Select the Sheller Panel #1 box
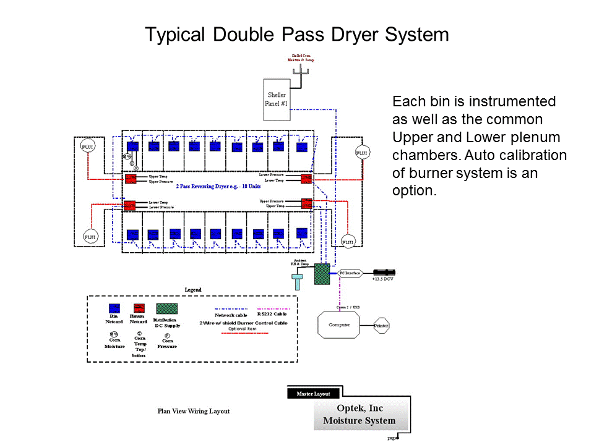tap(277, 99)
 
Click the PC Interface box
tap(350, 273)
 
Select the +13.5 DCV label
tap(382, 279)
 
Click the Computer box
tap(338, 324)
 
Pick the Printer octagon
tap(381, 325)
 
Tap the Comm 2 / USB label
tap(347, 306)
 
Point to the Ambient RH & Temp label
tap(299, 262)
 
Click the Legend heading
tap(193, 289)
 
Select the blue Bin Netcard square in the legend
tap(114, 308)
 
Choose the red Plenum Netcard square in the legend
tap(139, 308)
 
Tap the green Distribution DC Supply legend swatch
tap(166, 308)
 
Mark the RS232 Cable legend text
tap(272, 314)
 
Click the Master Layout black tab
tap(313, 393)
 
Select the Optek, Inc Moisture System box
tap(359, 415)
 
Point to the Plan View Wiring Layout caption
tap(193, 411)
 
